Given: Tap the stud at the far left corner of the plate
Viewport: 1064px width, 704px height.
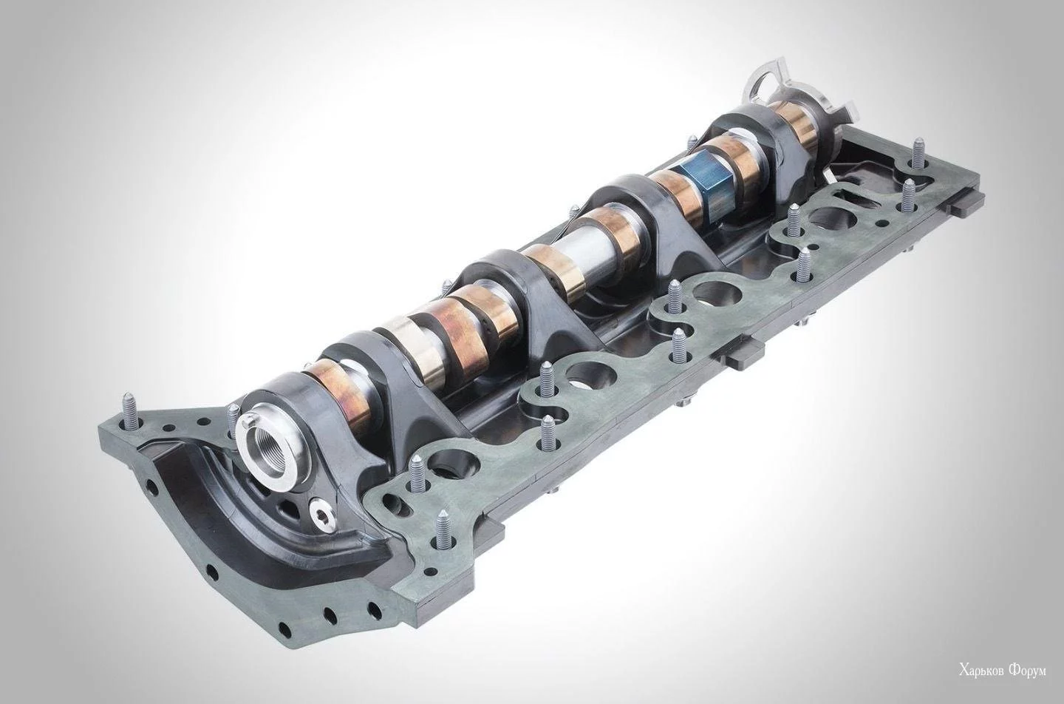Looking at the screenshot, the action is (x=129, y=410).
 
